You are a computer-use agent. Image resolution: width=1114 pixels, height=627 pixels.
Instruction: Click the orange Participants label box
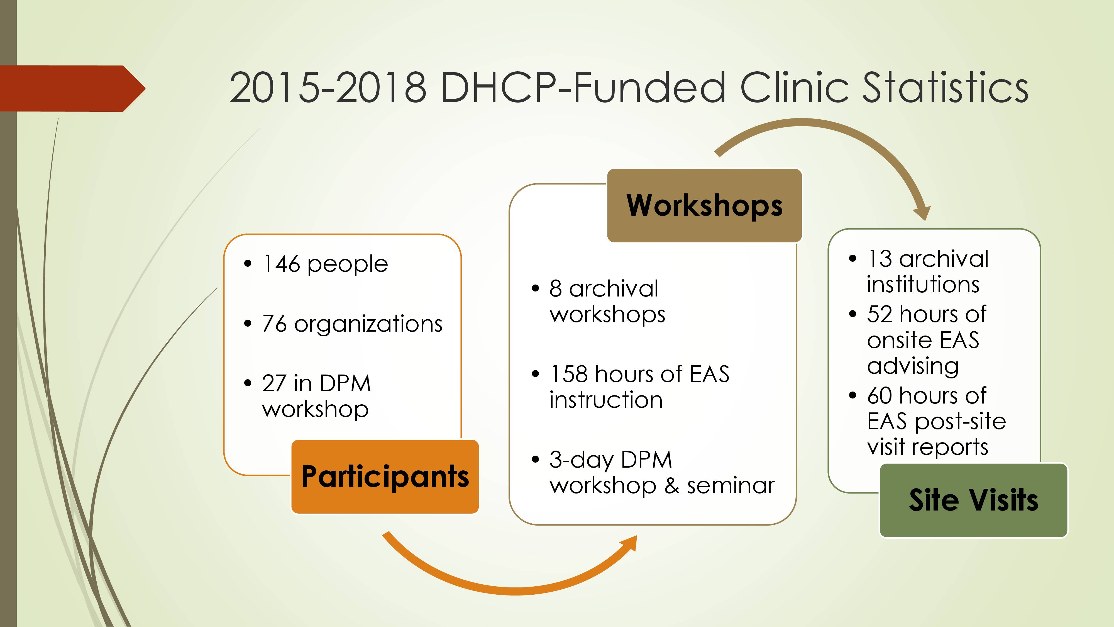tap(385, 477)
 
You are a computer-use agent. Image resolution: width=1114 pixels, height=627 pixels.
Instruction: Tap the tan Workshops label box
tap(705, 206)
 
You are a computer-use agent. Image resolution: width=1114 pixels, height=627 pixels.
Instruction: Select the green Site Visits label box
tap(973, 500)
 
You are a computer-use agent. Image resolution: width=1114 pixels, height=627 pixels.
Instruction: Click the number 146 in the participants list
tap(281, 264)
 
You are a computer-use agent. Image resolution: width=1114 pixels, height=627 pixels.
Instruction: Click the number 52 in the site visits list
tap(880, 314)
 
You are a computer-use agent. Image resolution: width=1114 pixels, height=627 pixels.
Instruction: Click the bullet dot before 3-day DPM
tap(535, 460)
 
